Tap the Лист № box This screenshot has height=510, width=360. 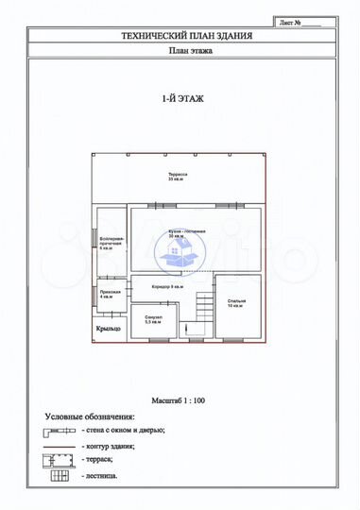click(x=301, y=20)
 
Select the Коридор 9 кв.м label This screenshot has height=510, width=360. click(x=167, y=286)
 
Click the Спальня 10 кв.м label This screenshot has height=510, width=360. click(x=235, y=304)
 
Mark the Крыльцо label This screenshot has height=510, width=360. click(x=108, y=329)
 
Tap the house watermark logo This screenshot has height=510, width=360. click(x=180, y=250)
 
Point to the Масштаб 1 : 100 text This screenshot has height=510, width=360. click(x=179, y=400)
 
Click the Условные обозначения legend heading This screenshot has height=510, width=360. click(x=89, y=416)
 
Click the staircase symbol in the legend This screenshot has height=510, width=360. click(x=60, y=474)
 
